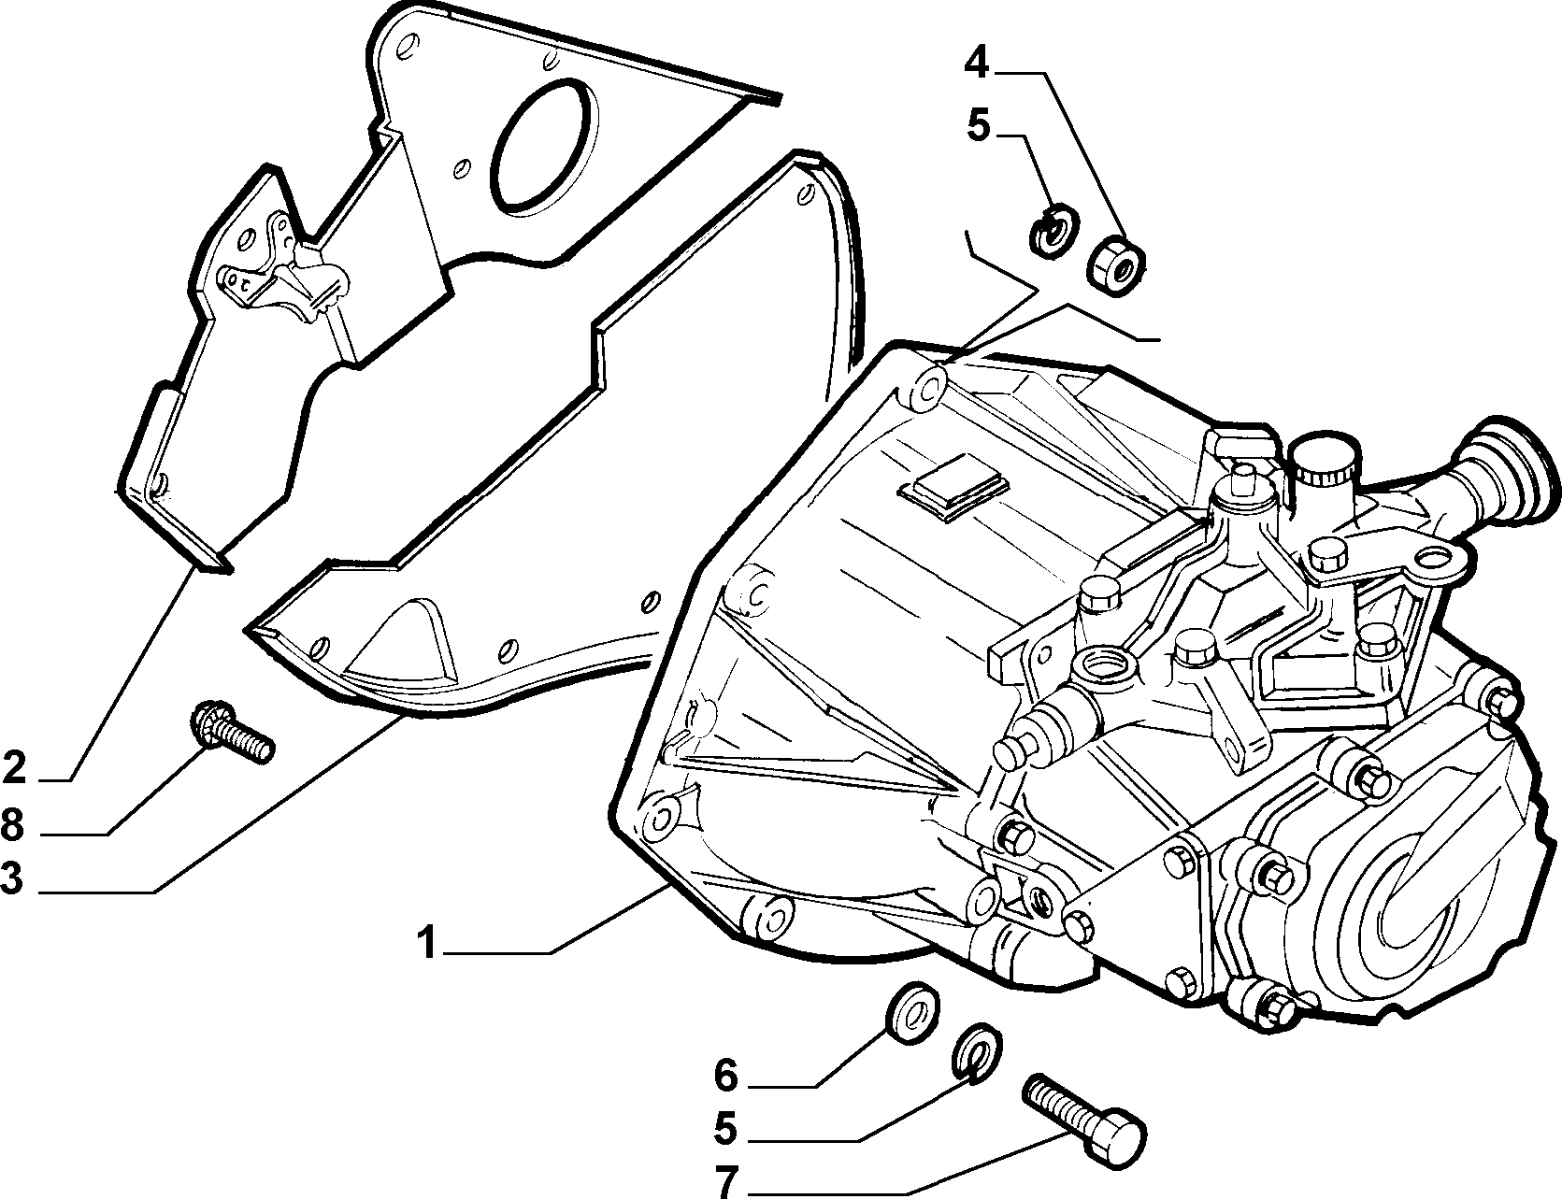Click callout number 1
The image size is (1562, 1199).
coord(426,944)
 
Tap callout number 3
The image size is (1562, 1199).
coord(12,879)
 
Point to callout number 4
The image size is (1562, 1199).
coord(976,63)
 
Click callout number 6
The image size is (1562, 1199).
coord(727,1077)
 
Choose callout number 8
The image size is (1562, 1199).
coord(13,825)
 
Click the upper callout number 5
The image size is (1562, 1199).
coord(978,125)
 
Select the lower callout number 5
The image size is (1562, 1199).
coord(726,1129)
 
